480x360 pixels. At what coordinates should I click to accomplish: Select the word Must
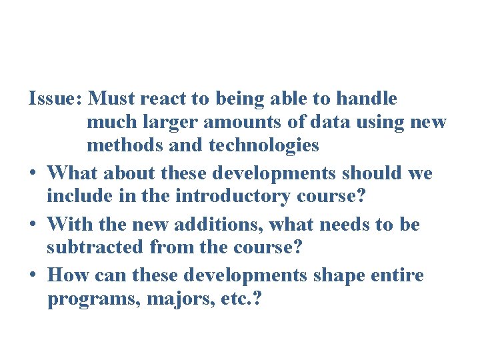tap(112, 99)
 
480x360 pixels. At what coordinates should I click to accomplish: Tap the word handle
tap(366, 99)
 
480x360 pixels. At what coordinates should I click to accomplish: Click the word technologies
tap(264, 146)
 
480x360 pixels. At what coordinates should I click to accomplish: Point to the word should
tap(371, 173)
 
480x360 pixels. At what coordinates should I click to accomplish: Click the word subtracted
tap(95, 247)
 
